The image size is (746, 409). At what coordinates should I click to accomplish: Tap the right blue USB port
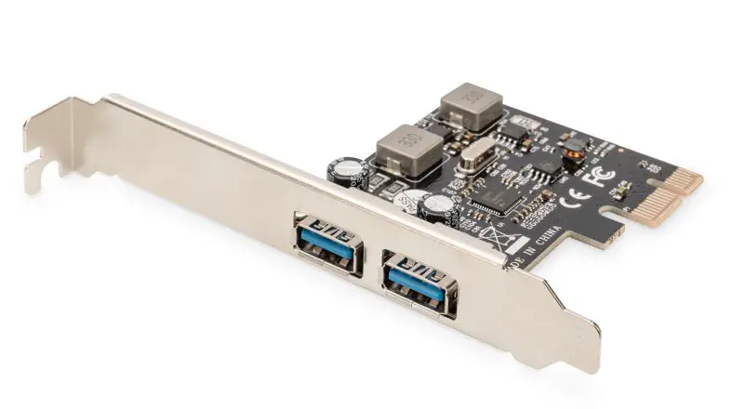tap(418, 284)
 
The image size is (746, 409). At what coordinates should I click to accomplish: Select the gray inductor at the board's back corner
tap(472, 105)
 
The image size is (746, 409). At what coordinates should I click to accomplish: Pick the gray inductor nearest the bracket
tap(407, 149)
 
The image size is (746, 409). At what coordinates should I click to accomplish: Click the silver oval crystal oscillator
tap(478, 153)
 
